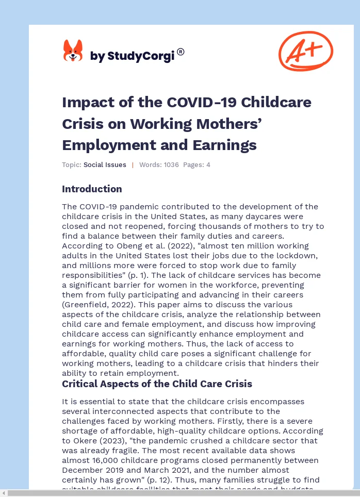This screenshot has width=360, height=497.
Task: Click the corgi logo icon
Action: [73, 51]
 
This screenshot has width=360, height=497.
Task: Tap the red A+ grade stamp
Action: [305, 51]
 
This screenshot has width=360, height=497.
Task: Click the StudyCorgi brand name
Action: [133, 56]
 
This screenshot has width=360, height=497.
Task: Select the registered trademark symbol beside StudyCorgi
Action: [181, 52]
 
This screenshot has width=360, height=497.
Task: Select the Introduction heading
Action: [92, 189]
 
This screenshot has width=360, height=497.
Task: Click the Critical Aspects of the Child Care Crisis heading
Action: [157, 384]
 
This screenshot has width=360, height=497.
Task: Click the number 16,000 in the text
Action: [105, 460]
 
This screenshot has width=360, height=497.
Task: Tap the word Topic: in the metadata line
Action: [72, 165]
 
